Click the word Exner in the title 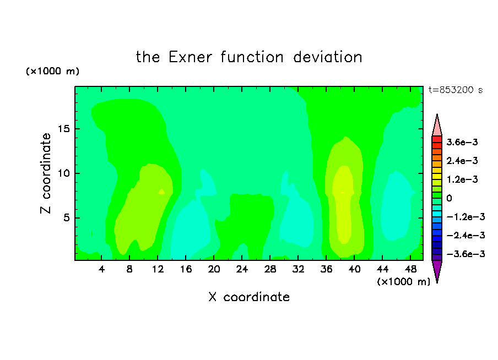[190, 57]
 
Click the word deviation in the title [328, 57]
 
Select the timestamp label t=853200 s [456, 90]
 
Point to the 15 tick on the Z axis [63, 129]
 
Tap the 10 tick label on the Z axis [63, 173]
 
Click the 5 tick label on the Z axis [66, 218]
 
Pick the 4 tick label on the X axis [101, 269]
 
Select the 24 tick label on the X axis [242, 269]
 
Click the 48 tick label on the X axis [410, 269]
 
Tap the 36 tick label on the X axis [326, 269]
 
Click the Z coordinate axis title [46, 173]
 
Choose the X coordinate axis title [249, 297]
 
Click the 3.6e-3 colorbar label [462, 142]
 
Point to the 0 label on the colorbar [449, 198]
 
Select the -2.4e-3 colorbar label [465, 236]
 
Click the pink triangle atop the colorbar [437, 126]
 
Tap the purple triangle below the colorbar [437, 270]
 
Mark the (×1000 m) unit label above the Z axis [52, 71]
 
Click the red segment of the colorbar [437, 139]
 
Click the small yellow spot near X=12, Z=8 [161, 192]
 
